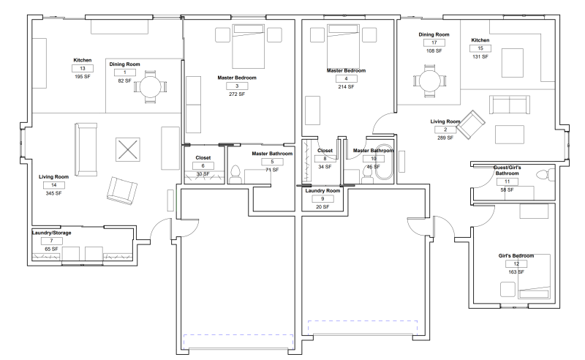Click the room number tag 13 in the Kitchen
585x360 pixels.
(x=83, y=68)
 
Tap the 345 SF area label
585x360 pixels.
(x=53, y=193)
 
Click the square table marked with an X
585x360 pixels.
(x=127, y=149)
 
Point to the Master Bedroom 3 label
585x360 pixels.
(x=237, y=78)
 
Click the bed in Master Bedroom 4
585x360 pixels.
(x=343, y=46)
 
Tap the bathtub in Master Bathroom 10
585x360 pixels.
(x=384, y=163)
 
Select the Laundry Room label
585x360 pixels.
(x=322, y=190)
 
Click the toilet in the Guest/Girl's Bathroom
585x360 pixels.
(x=545, y=174)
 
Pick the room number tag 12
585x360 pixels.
(x=516, y=263)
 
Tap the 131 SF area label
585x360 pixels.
(x=480, y=57)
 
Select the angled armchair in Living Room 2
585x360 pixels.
(x=470, y=124)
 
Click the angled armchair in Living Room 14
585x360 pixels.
(x=121, y=190)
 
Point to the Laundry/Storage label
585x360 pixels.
(x=51, y=233)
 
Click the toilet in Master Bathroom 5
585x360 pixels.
(x=235, y=174)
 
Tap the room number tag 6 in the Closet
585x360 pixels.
(x=203, y=166)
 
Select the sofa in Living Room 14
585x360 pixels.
(x=86, y=149)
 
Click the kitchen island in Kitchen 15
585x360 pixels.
(x=513, y=63)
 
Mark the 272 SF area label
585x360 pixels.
(x=237, y=94)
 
